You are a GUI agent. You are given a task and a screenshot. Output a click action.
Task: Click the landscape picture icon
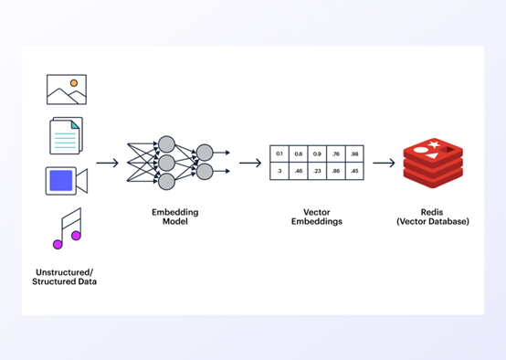coord(66,90)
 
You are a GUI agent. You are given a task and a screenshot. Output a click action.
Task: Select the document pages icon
coord(66,135)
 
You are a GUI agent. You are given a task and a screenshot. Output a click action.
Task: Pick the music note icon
coord(67,228)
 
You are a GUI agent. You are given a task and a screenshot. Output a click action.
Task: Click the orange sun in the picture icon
coord(74,83)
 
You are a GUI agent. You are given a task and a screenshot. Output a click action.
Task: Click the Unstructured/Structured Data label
coord(64,277)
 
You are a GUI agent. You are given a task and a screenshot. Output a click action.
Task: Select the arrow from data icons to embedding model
coord(107,164)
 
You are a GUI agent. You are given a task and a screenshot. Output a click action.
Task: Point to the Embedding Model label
coord(174,217)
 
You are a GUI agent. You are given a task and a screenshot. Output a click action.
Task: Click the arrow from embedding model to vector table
coord(249,164)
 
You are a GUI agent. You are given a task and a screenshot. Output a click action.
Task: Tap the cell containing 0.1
coord(279,154)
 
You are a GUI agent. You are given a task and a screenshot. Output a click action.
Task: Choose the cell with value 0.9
coord(316,154)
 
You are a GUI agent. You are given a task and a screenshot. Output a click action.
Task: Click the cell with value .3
coord(279,171)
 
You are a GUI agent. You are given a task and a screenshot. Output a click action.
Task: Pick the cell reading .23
coord(316,171)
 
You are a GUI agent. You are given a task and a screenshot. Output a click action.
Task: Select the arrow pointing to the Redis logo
coord(384,164)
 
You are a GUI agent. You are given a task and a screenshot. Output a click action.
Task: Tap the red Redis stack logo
coord(432,164)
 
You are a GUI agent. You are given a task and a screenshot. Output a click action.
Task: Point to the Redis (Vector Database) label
coord(433,217)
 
